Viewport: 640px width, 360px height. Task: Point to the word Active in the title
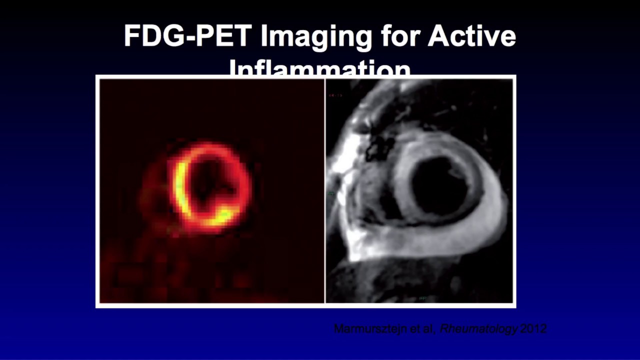(x=471, y=36)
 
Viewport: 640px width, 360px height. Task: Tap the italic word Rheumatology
(x=478, y=329)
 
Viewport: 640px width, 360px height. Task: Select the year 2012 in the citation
(x=533, y=329)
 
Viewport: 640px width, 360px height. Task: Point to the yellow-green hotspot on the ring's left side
(x=180, y=185)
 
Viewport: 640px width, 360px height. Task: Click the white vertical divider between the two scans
(x=325, y=190)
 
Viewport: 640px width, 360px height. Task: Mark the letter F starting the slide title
(x=131, y=36)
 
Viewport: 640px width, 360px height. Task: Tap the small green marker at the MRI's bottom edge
(x=423, y=298)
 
